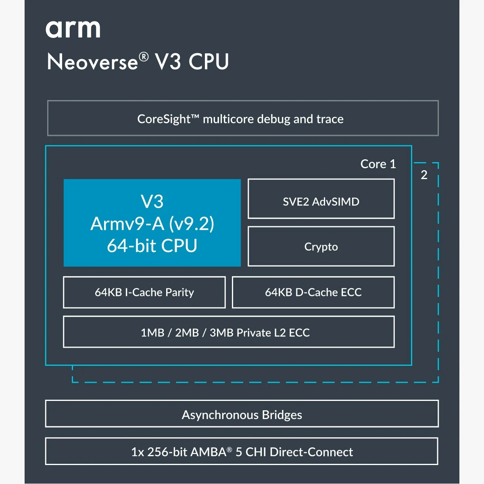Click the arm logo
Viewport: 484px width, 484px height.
pos(73,29)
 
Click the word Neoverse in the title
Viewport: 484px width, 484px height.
pos(92,62)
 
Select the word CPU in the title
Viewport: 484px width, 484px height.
pos(209,62)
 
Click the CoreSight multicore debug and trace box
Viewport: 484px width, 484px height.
pos(243,119)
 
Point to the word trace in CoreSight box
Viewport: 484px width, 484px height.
pos(330,119)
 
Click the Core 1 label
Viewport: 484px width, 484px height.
pos(378,164)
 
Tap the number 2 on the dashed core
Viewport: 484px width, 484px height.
pos(424,175)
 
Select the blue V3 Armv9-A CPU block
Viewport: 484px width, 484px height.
pos(152,223)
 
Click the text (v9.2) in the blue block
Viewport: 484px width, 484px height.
pos(191,224)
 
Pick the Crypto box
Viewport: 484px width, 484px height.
pos(321,246)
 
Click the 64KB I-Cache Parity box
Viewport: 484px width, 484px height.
pos(144,292)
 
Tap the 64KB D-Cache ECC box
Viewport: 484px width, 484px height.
pos(313,292)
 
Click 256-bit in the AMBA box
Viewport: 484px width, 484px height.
pos(166,452)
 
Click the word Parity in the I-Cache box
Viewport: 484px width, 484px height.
pos(179,292)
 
